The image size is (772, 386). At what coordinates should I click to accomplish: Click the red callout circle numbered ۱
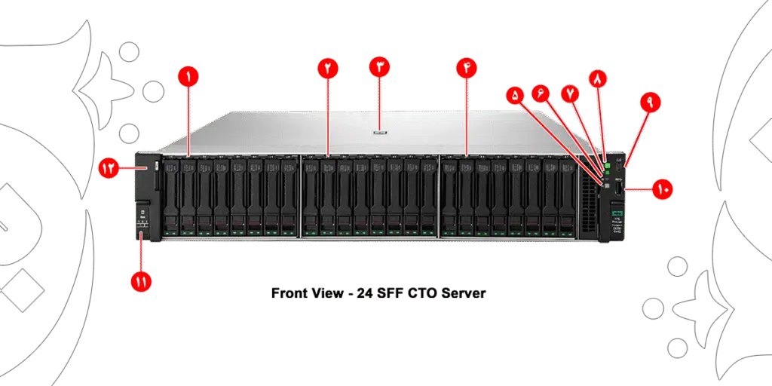(187, 77)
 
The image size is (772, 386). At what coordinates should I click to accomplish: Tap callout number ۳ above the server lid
(380, 67)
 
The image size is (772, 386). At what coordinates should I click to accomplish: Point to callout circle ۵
(515, 96)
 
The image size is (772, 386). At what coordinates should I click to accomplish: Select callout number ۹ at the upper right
(648, 100)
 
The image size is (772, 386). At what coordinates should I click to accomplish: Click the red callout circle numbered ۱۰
(663, 189)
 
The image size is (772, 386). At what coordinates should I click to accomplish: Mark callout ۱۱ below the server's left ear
(141, 281)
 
